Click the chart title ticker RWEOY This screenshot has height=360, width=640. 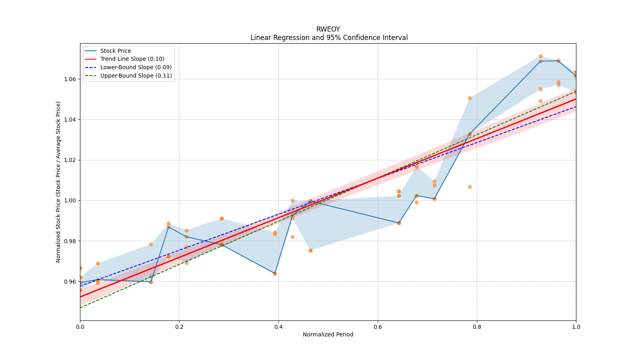coord(328,29)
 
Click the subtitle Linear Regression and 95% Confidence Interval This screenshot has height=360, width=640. coord(329,38)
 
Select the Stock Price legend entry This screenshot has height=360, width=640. coord(116,51)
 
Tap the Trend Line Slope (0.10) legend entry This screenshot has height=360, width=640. coord(132,59)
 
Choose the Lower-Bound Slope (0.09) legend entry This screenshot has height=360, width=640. coord(136,67)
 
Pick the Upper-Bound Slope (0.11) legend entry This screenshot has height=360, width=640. coord(136,76)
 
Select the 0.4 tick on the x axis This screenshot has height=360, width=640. coord(278,327)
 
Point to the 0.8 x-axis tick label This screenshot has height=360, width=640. coord(477,327)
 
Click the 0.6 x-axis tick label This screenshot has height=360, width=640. coord(378,327)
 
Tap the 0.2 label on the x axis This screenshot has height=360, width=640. coord(179,327)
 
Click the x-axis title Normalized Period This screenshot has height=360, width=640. coord(328,334)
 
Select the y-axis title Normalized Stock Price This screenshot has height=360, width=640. coord(58,182)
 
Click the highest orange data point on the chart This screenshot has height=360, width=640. coord(540,56)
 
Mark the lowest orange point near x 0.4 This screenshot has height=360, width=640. coord(275,274)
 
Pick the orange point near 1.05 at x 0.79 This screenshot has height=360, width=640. coord(470,98)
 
